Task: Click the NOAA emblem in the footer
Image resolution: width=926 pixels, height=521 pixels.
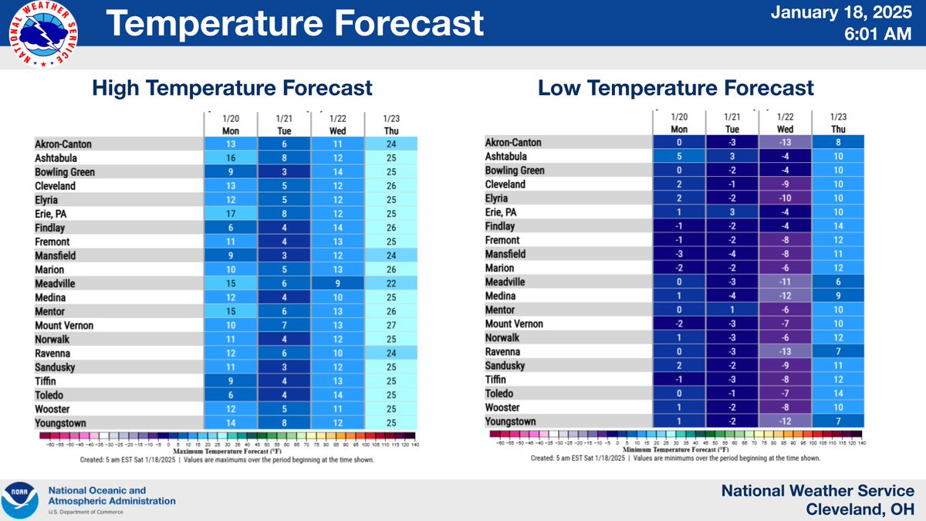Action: point(22,500)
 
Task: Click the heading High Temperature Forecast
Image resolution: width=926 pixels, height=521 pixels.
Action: point(232,88)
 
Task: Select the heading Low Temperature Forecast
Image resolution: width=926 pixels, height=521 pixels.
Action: point(675,88)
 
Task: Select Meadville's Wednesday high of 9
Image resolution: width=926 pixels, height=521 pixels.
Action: point(337,284)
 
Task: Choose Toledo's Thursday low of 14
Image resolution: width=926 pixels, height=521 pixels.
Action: point(838,394)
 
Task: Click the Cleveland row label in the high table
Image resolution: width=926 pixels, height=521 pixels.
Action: point(56,186)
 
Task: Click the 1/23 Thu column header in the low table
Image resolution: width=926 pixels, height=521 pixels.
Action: point(838,124)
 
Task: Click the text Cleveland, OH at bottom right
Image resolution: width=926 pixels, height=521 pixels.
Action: point(860,510)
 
